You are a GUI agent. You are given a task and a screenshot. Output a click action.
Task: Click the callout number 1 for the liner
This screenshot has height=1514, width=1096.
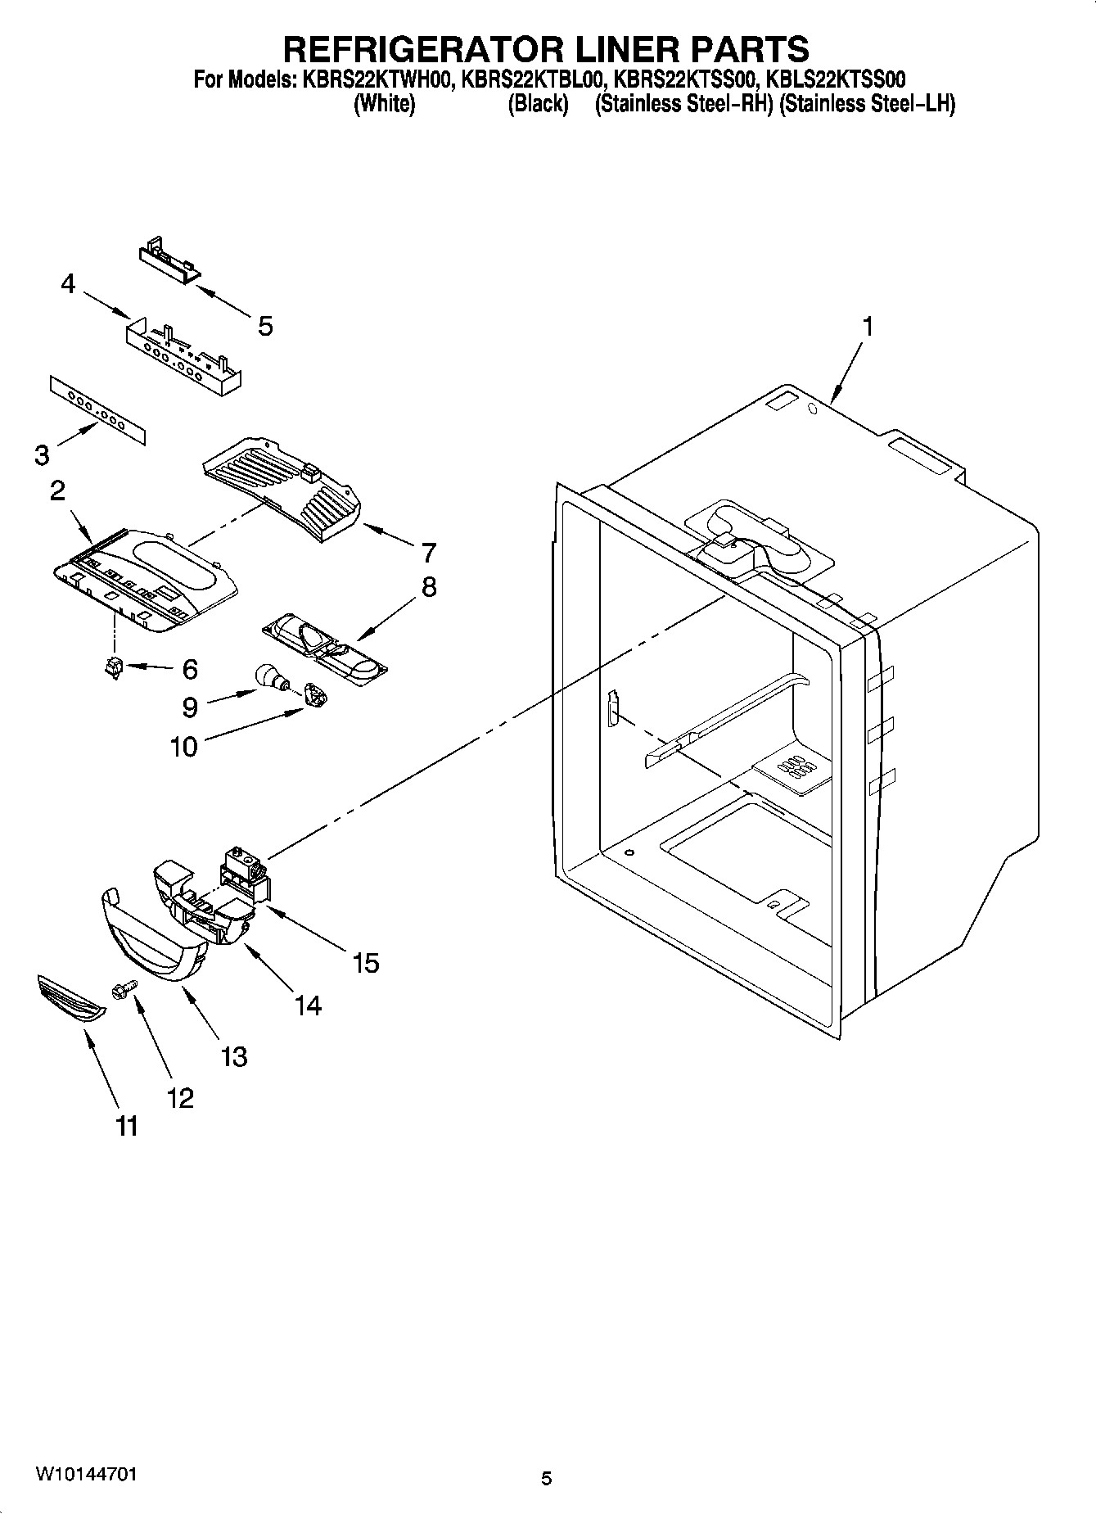coord(867,327)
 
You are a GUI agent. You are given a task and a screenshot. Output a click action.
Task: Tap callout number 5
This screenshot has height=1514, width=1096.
coord(264,326)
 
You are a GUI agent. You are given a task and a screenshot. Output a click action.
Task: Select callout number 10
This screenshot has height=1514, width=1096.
coord(184,747)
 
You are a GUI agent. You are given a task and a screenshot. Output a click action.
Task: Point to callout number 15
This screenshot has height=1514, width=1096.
coord(366,963)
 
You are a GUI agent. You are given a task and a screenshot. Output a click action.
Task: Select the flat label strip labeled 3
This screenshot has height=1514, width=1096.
coord(97,411)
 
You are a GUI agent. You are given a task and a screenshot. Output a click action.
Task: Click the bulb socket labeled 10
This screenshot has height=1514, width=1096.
coord(315,696)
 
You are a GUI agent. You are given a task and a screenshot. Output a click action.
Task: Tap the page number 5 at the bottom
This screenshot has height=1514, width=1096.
coord(546,1479)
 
